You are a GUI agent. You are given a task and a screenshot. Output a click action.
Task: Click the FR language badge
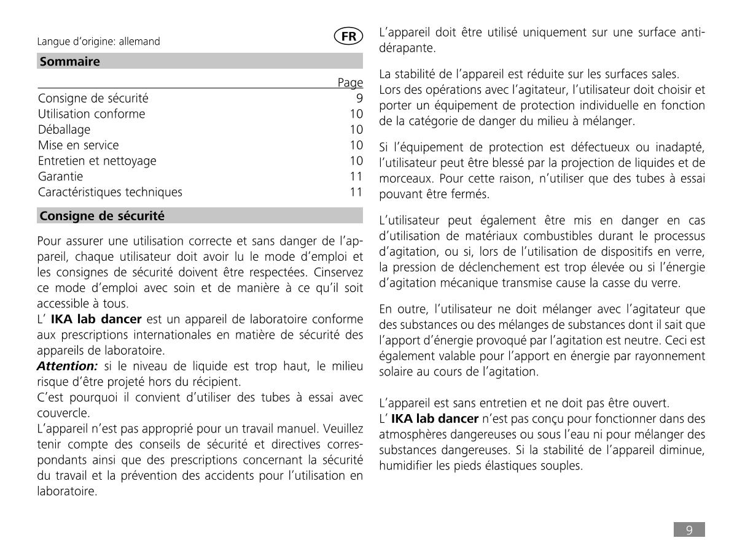348,36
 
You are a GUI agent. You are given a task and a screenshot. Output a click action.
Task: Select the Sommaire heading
69,61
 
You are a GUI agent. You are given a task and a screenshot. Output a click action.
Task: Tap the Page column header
350,82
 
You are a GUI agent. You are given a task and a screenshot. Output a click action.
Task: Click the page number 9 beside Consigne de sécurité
359,98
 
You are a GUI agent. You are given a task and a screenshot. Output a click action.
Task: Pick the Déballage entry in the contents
64,129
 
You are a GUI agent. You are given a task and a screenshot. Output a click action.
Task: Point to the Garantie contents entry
60,176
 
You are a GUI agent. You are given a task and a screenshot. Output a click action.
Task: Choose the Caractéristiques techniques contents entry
110,192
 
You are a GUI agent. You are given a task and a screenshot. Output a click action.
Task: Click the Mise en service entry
78,145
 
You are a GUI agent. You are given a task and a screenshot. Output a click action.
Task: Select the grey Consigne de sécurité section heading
102,216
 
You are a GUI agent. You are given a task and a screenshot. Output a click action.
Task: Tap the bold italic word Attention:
67,366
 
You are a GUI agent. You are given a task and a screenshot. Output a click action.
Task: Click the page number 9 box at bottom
689,530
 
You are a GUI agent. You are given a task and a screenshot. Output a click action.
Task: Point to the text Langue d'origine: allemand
98,42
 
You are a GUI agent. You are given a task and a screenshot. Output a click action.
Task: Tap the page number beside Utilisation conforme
356,114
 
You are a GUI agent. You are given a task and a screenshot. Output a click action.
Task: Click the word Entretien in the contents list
61,161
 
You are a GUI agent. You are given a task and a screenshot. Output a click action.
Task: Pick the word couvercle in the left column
63,413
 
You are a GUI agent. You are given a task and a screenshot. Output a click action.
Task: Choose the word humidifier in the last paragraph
408,466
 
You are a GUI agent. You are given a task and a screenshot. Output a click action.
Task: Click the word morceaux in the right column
405,179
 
